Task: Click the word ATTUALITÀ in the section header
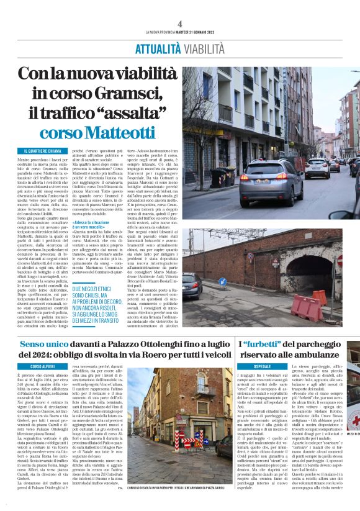pos(158,48)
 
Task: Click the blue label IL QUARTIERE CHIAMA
pos(43,151)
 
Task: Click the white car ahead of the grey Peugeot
pos(317,166)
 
